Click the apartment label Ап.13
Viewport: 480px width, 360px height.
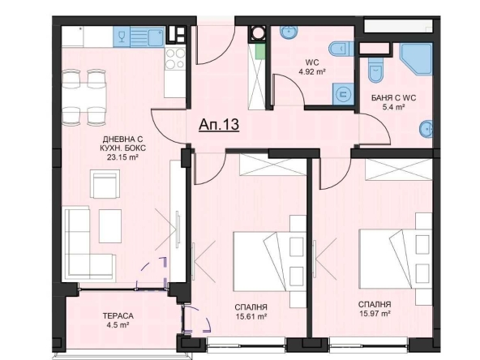coord(219,124)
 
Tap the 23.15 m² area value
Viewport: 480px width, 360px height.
coord(122,157)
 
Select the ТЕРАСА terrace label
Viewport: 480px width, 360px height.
coord(118,315)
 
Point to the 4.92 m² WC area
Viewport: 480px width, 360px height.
coord(312,72)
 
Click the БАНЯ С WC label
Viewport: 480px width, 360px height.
coord(394,98)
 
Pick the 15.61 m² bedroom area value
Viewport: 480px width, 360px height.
coord(251,316)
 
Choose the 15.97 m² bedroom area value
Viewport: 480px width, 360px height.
coord(375,314)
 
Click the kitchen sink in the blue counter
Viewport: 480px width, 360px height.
coord(156,37)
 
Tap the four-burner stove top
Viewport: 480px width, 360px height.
coord(175,58)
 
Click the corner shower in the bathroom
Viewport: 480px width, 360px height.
coord(416,59)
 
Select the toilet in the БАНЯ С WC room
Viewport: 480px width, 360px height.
coord(376,70)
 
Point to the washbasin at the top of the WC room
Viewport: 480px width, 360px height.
coord(289,32)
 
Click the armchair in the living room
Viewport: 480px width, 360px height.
coord(105,184)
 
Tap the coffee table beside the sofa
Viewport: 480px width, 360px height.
coord(110,226)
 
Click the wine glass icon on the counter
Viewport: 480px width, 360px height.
coord(122,36)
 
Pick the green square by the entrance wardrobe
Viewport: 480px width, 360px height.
coord(260,51)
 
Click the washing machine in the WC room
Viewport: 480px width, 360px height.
coord(343,94)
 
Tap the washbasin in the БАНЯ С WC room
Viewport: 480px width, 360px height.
coord(426,130)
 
